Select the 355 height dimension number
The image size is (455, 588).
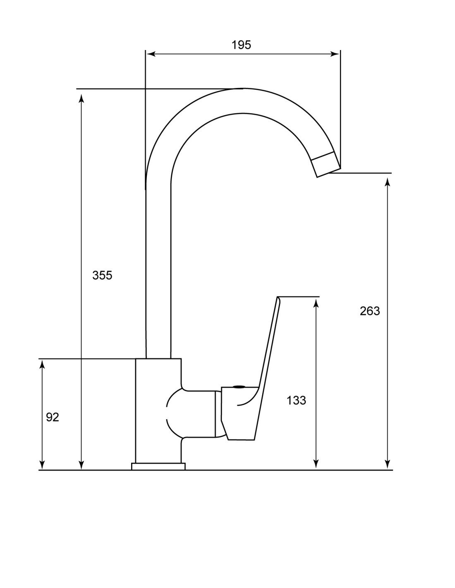point(102,275)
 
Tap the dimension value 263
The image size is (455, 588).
point(370,311)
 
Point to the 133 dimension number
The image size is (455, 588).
point(297,400)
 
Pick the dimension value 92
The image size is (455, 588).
point(52,417)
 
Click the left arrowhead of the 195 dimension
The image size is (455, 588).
point(151,54)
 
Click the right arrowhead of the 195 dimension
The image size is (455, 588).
point(335,54)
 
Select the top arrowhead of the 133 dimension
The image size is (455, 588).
point(316,304)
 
